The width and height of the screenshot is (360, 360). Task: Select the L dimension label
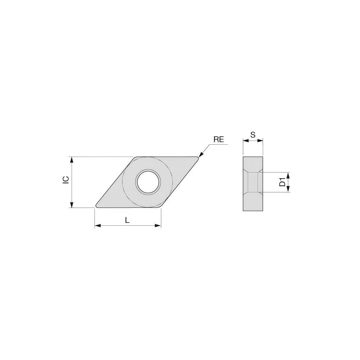coord(127,220)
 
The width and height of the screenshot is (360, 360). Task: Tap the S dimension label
coord(253,135)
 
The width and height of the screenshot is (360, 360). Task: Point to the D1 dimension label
coord(283,182)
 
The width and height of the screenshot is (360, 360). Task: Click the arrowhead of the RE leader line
coord(200,155)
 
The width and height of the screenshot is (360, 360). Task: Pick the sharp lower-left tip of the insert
coord(96,207)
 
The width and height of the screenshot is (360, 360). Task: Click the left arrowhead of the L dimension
coord(96,226)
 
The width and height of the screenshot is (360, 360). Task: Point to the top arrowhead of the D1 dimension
coord(288,174)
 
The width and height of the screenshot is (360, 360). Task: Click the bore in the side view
coord(253,182)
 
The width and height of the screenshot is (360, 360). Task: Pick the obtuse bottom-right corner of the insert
coord(161,207)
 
